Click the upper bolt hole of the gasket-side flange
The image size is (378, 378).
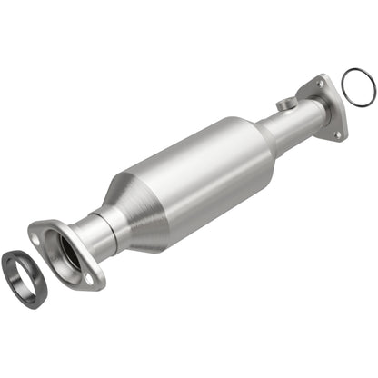[x=36, y=234]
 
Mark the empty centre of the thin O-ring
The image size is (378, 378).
[x=358, y=85]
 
